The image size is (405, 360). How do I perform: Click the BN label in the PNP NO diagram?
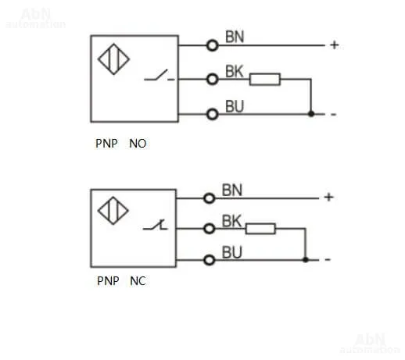coord(235,37)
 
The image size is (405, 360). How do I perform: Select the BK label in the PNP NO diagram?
coord(234,71)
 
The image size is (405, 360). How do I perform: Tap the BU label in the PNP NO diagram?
coord(235,106)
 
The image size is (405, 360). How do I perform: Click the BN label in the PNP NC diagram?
coord(232,190)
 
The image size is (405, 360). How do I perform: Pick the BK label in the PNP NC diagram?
coord(231,221)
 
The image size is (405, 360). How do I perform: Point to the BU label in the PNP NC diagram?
coord(232,252)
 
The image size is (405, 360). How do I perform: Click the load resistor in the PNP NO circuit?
coord(265,80)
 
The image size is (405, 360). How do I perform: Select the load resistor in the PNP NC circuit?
coord(260,229)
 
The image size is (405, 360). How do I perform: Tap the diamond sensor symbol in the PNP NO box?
coord(113,59)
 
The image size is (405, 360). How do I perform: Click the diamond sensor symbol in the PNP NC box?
coord(113,211)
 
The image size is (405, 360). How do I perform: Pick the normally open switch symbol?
coord(159,76)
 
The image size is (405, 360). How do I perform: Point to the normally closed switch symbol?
coord(156,225)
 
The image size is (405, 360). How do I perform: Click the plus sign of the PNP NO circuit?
coord(335,45)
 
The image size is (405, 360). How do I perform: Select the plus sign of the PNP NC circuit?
coord(329,197)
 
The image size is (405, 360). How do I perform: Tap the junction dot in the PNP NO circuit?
coord(311,114)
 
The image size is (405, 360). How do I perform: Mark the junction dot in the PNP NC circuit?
coord(306,259)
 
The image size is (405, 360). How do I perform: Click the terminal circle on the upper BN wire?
coord(212,45)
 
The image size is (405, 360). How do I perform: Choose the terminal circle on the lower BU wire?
coord(210,260)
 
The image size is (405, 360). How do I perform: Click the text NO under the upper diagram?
coord(138,144)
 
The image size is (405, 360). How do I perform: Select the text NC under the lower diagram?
coord(138,281)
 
